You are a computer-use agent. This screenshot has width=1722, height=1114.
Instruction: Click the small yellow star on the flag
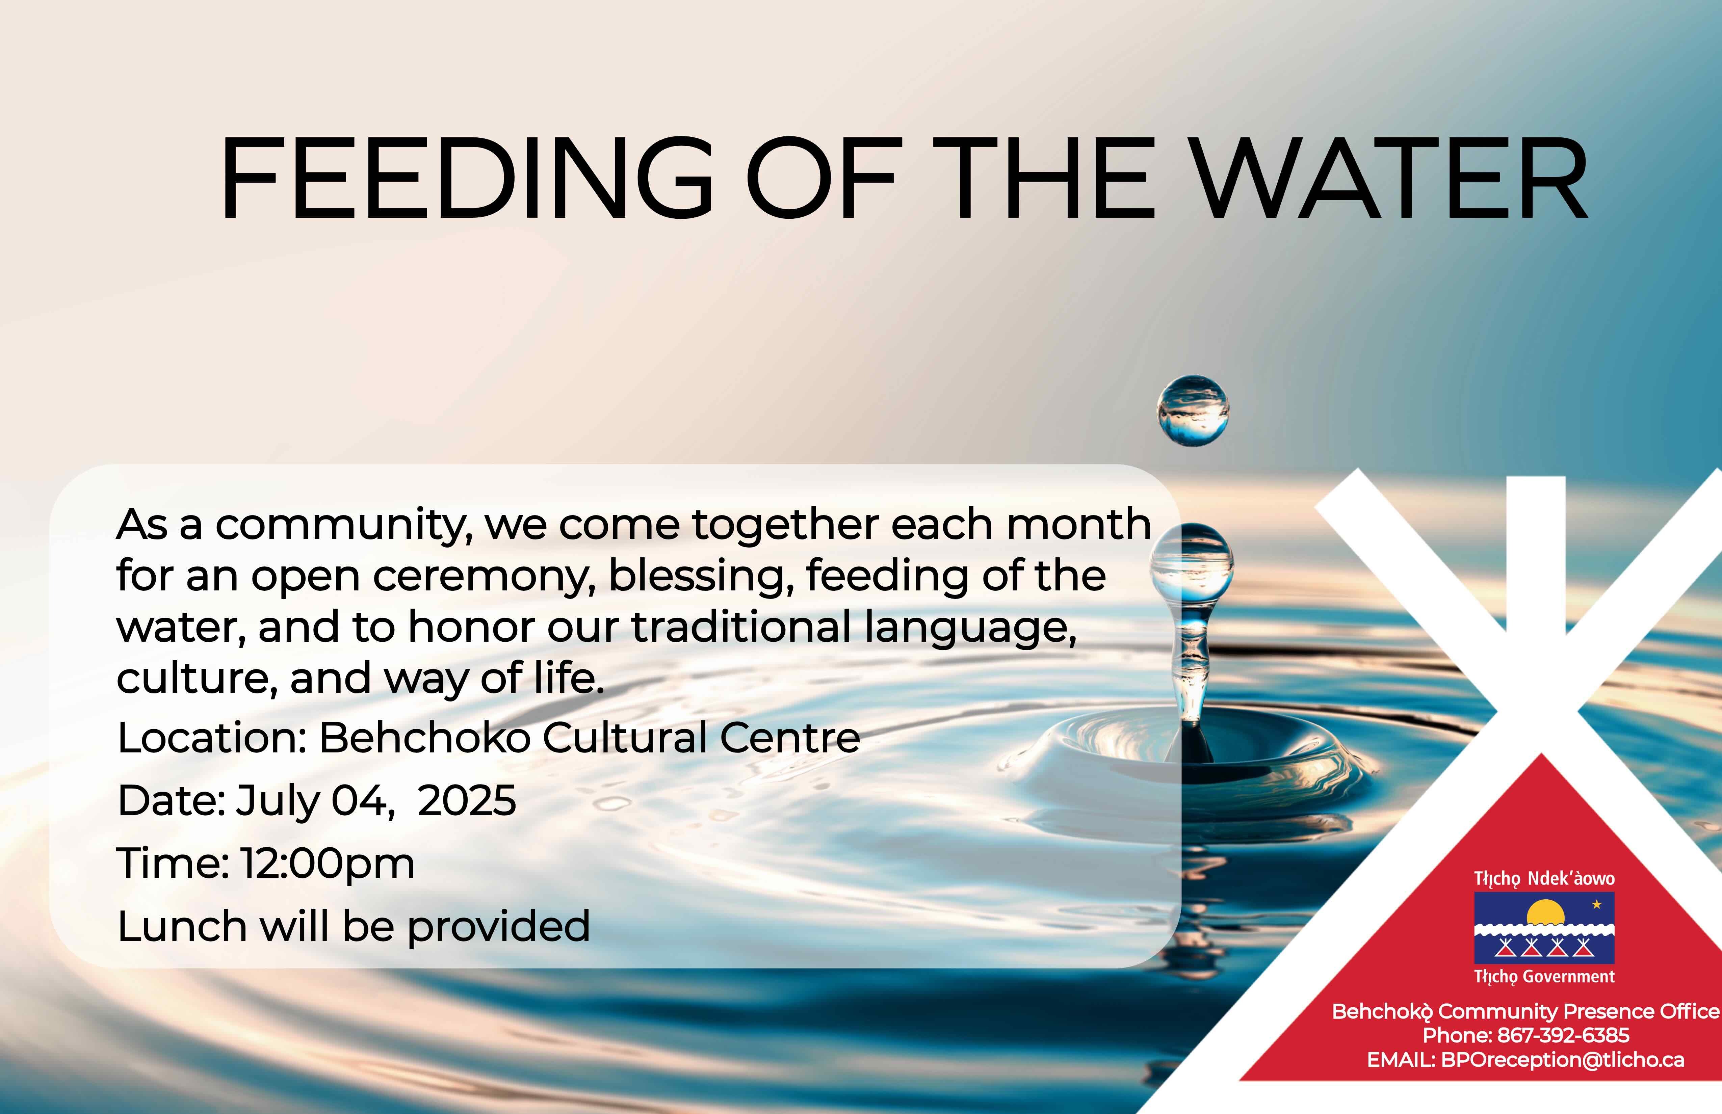click(1597, 904)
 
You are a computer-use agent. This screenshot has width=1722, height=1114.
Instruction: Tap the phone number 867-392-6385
click(1563, 1035)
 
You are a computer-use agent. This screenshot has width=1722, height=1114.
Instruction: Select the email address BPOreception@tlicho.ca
click(1563, 1060)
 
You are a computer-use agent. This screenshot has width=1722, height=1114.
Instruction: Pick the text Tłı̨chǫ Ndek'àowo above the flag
click(1544, 879)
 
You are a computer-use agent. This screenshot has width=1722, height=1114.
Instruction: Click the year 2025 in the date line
click(467, 801)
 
